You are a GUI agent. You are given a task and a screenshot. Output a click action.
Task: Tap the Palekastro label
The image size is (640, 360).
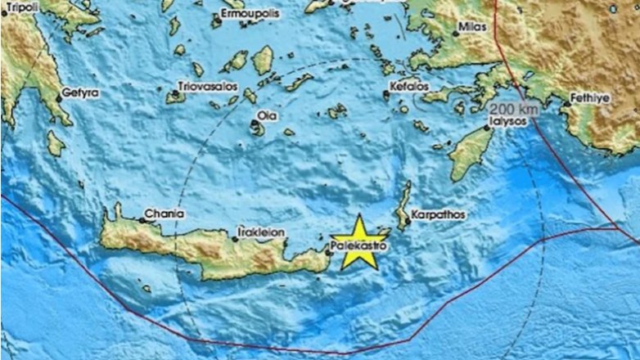click(358, 243)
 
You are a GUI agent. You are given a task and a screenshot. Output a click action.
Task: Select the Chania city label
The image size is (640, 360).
click(164, 214)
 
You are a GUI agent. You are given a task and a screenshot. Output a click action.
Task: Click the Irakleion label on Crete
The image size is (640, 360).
click(261, 232)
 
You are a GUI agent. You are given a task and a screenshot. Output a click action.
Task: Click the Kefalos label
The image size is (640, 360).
click(409, 85)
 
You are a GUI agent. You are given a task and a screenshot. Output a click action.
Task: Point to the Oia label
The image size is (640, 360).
click(266, 115)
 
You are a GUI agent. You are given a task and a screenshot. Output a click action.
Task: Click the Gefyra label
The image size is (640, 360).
click(79, 93)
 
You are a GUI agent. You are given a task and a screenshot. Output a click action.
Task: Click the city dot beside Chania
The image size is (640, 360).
click(141, 218)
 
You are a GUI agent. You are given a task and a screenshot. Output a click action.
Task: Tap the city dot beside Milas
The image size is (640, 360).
click(455, 34)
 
